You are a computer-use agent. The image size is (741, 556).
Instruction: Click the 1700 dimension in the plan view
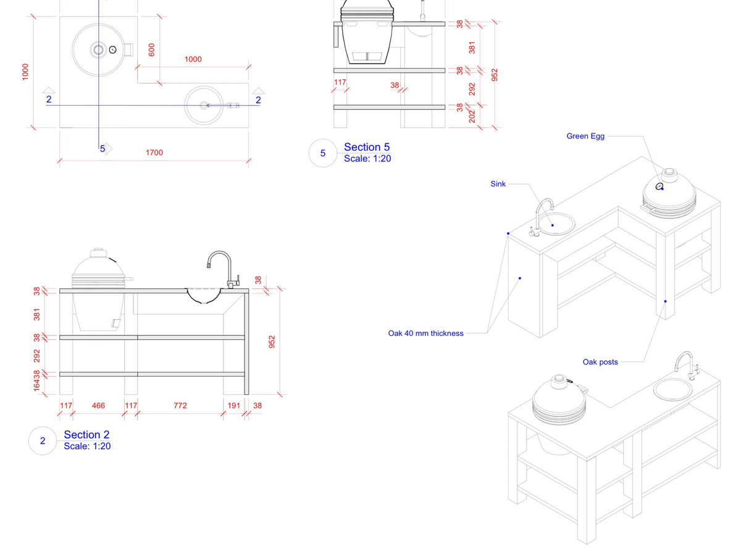coord(154,153)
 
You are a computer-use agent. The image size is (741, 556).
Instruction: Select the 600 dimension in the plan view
coord(152,50)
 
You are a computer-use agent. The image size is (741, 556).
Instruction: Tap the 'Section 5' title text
coord(367,147)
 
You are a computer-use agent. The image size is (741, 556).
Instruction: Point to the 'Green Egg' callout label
coord(585,136)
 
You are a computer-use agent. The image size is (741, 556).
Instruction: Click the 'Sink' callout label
coord(498,183)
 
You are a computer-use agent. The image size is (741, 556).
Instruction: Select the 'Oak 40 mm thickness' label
coord(425,334)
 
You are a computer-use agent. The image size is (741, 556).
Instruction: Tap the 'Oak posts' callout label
coord(600,362)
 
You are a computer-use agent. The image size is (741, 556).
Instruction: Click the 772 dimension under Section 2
coord(180,406)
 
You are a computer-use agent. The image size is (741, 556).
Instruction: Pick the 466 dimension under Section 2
coord(98,406)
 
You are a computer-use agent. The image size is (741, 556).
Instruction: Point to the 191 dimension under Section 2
coord(234,406)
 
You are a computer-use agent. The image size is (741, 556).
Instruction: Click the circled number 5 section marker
coord(323,153)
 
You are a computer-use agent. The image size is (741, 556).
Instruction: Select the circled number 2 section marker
coord(43,441)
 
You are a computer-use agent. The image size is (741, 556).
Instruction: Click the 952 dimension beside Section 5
coord(494,74)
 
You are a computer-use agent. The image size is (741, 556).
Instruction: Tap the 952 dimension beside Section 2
coord(272,342)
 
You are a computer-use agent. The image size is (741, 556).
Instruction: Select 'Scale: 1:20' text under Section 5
coord(367,159)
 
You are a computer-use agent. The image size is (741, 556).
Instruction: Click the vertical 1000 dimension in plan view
coord(25,72)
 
